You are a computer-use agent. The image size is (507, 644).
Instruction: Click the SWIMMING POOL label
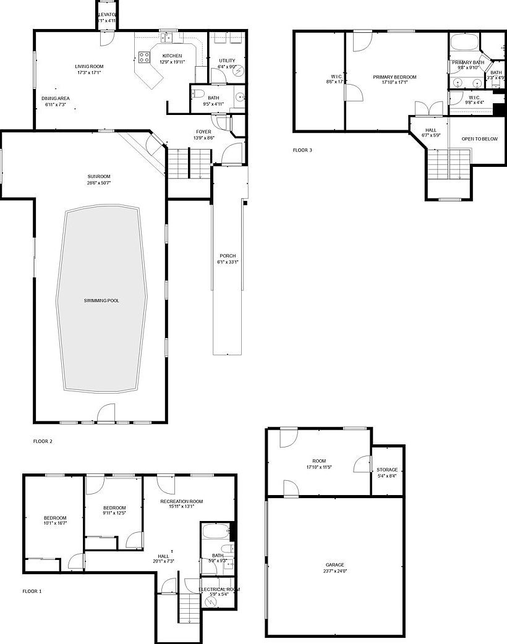101,301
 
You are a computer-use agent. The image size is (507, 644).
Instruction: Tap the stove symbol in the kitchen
143,58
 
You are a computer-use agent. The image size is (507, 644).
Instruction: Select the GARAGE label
335,565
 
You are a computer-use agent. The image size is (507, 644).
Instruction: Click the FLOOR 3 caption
302,150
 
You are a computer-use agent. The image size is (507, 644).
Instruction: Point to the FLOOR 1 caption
32,591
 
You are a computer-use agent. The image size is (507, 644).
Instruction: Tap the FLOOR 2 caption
43,441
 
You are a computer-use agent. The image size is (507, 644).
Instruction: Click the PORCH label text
228,256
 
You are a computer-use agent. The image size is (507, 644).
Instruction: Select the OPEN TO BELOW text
479,139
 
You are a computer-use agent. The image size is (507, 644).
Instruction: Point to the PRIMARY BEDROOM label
394,77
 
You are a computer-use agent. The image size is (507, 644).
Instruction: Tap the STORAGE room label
387,470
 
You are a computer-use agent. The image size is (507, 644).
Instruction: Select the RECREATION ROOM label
181,501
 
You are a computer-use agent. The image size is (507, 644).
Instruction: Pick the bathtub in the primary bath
464,43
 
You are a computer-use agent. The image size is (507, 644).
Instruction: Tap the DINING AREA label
56,98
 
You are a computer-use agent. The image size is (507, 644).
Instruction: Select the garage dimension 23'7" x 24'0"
335,572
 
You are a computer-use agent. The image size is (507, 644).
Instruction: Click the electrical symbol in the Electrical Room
211,601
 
